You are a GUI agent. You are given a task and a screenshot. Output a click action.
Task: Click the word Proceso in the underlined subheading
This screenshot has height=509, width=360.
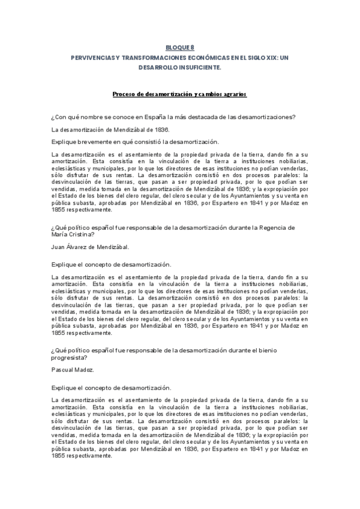tap(125, 95)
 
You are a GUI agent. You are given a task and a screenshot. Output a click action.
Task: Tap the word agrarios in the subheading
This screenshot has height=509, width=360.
tap(233, 95)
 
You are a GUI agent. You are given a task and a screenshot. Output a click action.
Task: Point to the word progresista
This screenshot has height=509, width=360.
tap(71, 357)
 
